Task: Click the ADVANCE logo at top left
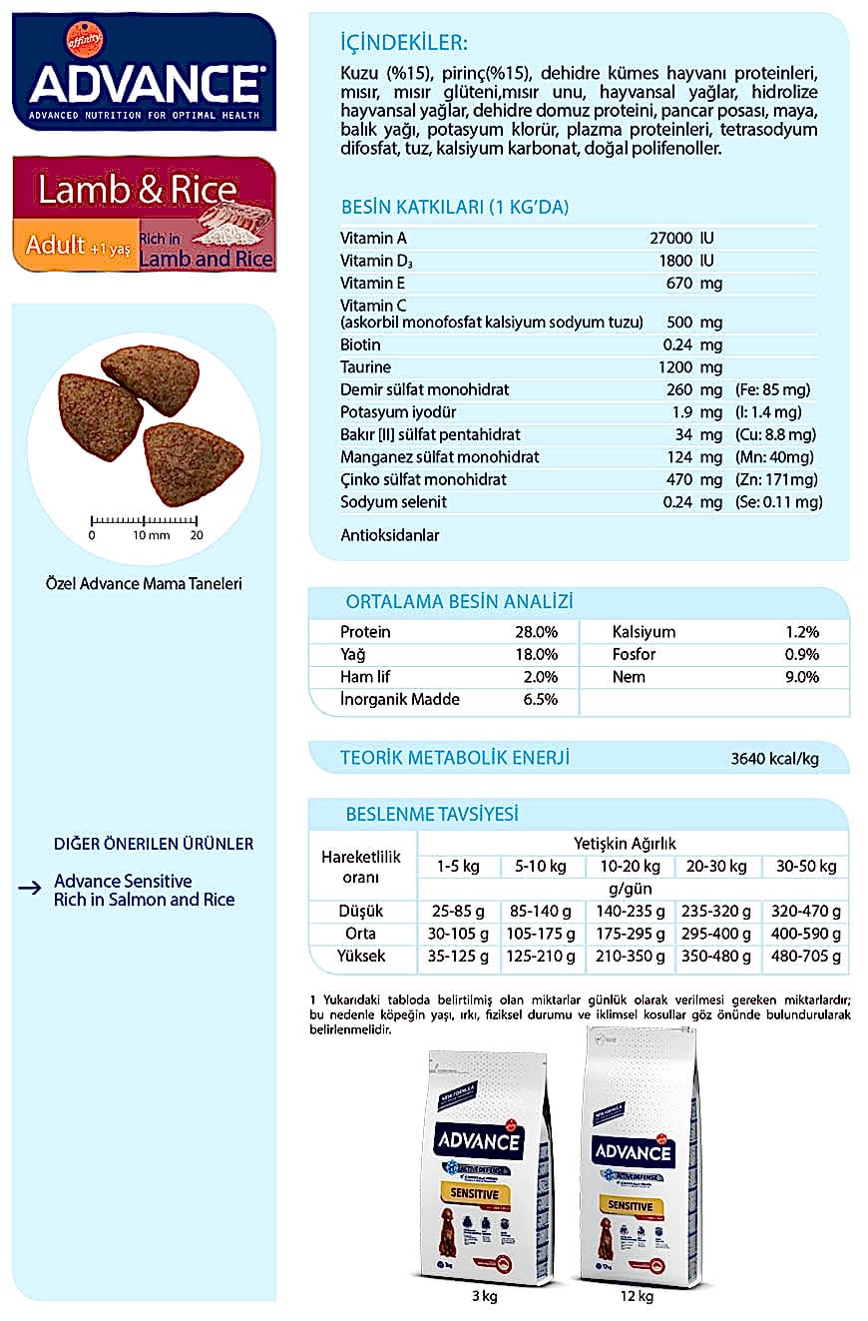point(145,83)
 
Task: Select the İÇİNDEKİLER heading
point(403,43)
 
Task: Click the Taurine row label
point(366,367)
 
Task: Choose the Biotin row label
point(360,344)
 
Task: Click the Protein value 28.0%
point(536,632)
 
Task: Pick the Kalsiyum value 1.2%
point(801,632)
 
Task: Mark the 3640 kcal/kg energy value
point(774,759)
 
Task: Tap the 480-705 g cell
point(806,957)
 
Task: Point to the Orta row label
point(360,934)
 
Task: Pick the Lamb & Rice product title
point(138,190)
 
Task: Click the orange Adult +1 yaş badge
point(76,246)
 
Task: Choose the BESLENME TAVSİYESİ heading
point(431,814)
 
